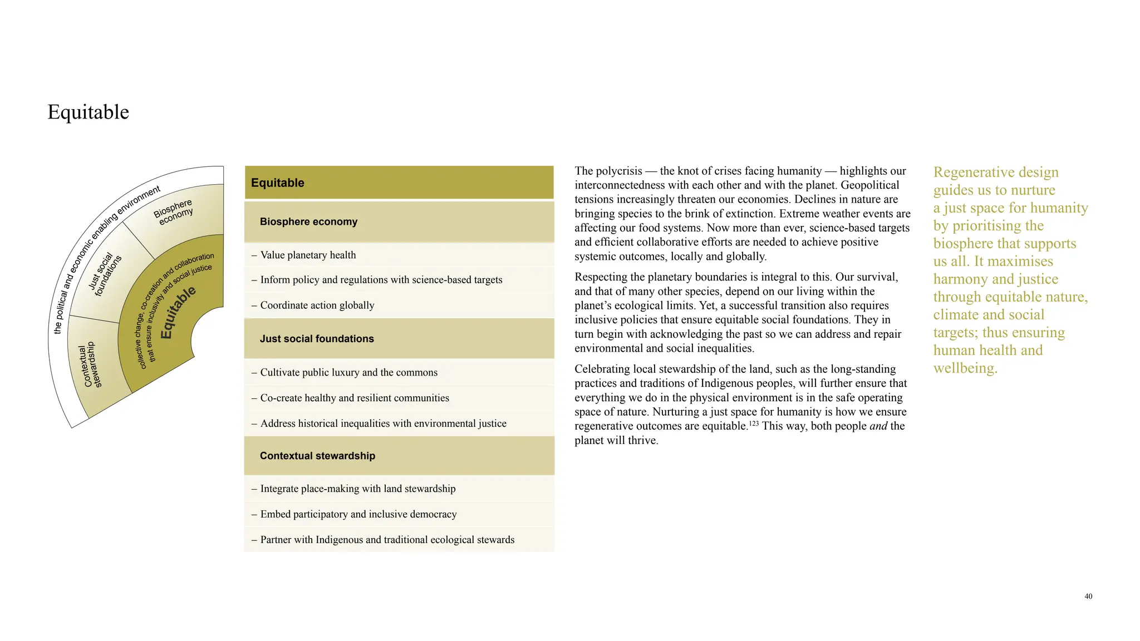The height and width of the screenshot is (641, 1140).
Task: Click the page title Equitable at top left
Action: [x=88, y=112]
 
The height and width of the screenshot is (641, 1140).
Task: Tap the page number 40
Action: [x=1088, y=596]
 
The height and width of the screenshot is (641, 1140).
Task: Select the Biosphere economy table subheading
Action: [x=308, y=221]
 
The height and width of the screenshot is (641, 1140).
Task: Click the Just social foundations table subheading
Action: [x=316, y=338]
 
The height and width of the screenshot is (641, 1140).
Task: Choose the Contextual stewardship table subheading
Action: [x=317, y=456]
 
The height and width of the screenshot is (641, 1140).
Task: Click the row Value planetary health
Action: [x=308, y=255]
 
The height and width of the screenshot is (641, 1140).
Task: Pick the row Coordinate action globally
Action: [x=317, y=305]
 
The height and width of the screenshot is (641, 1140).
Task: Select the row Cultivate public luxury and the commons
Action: [x=348, y=372]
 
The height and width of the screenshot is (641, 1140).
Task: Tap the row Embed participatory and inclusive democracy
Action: [x=358, y=514]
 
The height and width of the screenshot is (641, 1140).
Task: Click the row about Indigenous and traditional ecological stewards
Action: [x=387, y=540]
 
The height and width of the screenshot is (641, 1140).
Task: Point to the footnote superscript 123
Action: [x=753, y=423]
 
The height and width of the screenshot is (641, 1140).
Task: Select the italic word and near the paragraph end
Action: [x=878, y=426]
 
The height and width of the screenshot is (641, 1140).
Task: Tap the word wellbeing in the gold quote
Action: [x=965, y=368]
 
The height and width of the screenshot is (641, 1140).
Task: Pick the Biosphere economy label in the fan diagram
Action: [x=174, y=212]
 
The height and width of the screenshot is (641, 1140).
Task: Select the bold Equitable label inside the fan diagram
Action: [x=178, y=312]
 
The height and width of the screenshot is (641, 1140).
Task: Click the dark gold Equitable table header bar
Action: [x=399, y=183]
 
